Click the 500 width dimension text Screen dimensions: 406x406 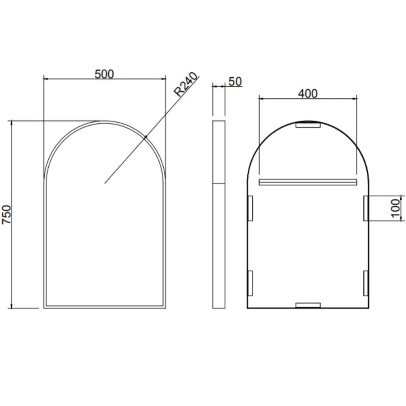[104, 74]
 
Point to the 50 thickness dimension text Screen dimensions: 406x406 [235, 81]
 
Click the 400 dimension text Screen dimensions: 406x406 [308, 93]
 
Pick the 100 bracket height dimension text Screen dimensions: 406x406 [395, 208]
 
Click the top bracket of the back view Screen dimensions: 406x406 [308, 125]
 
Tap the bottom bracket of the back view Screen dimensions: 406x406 [308, 305]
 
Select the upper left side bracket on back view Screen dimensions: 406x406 [250, 208]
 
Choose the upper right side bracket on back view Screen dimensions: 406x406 [366, 208]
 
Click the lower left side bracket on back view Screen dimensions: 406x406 [250, 283]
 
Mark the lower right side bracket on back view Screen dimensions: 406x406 [366, 283]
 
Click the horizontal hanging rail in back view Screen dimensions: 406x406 [308, 182]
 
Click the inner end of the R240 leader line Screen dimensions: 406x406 [105, 183]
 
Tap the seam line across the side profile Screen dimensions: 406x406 [219, 183]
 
